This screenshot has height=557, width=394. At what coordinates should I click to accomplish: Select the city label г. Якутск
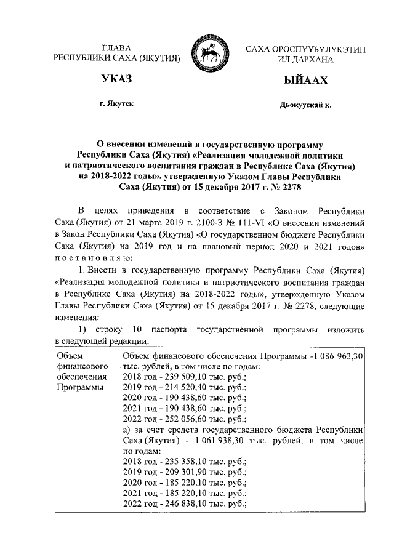click(116, 105)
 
